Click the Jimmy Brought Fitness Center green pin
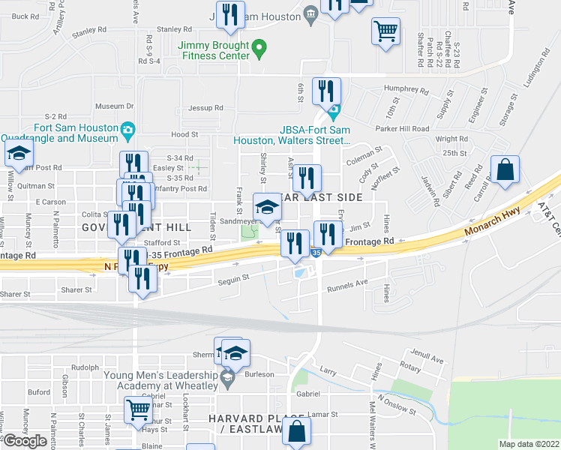[x=260, y=51]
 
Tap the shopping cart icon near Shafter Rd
[x=385, y=31]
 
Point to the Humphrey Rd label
[x=406, y=91]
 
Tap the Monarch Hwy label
[x=490, y=223]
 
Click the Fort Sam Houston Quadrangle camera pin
[x=128, y=130]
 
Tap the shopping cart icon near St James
[x=138, y=409]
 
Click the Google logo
[x=25, y=441]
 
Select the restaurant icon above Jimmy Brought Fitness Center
[x=230, y=14]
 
